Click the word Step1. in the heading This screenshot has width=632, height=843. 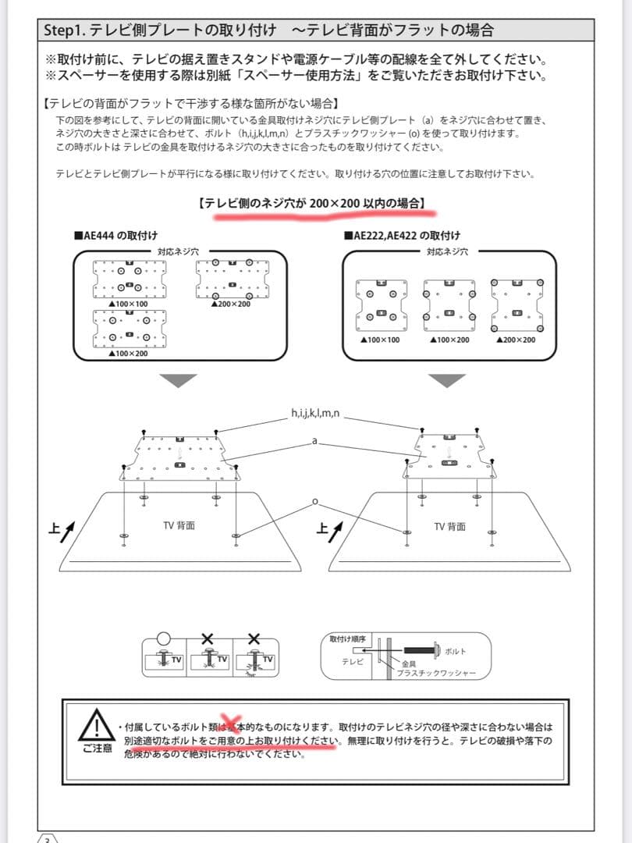63,30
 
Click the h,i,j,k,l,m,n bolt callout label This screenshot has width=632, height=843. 314,413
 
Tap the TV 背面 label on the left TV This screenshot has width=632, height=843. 179,525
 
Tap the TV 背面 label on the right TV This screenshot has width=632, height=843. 449,526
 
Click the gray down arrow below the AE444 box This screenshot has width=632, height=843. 178,381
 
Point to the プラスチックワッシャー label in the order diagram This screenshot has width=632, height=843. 434,672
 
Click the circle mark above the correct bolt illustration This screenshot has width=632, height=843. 164,638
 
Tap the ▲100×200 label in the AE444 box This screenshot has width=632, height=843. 130,354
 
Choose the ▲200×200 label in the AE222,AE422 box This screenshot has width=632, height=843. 516,340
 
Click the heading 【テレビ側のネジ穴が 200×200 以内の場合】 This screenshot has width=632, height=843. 312,204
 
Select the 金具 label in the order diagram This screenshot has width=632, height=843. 409,663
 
